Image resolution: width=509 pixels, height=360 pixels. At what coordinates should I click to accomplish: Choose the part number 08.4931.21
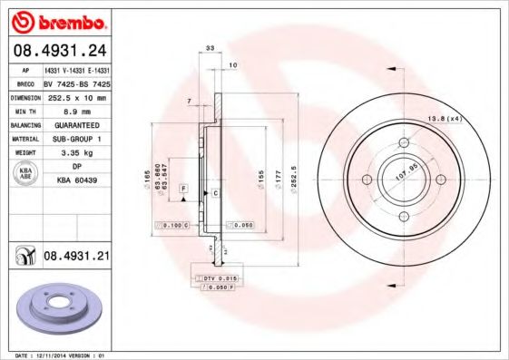pos(76,258)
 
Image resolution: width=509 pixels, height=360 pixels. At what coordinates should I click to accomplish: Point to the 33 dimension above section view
pos(210,47)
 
